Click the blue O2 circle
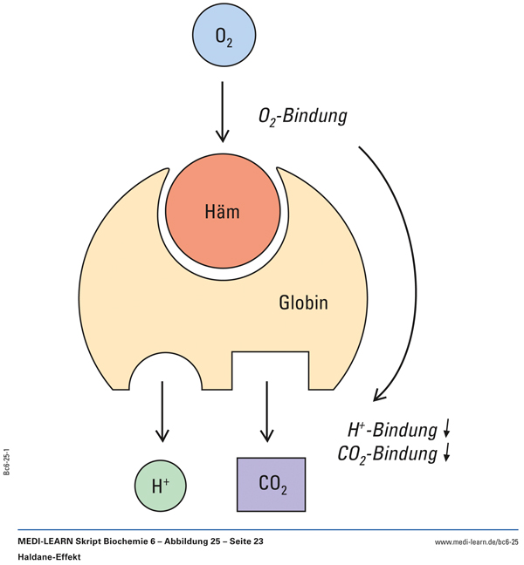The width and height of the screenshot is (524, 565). [224, 37]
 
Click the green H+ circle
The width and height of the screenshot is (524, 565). [161, 485]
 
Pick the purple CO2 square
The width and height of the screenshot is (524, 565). [272, 484]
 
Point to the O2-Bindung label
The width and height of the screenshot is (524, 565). [303, 116]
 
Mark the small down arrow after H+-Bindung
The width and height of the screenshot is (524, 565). [446, 428]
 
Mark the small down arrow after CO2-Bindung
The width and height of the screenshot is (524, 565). [446, 453]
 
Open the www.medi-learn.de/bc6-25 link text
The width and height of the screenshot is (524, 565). [476, 542]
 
